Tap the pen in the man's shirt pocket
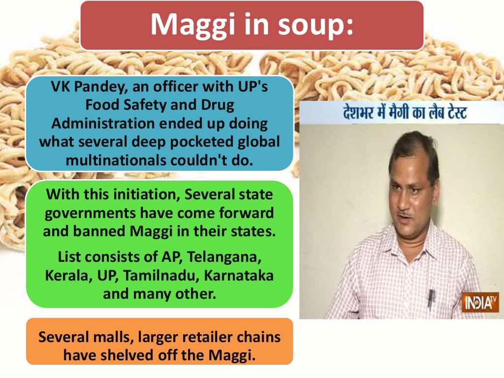(431, 295)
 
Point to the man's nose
(410, 197)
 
